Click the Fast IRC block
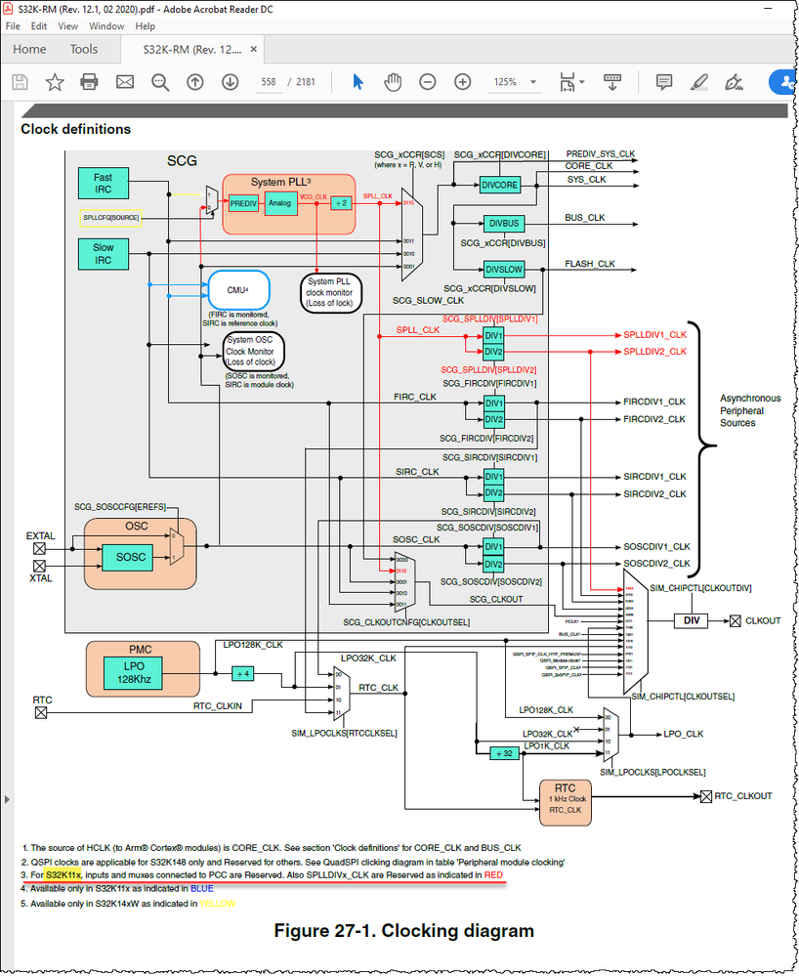103,184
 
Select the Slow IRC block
103,254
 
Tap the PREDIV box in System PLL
243,204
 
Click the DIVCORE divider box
500,185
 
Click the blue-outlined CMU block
238,289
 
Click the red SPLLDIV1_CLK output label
654,335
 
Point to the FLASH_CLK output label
590,264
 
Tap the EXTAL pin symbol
40,548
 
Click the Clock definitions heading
75,129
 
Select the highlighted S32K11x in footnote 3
63,875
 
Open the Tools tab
84,49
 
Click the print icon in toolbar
89,82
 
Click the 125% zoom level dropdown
512,82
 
